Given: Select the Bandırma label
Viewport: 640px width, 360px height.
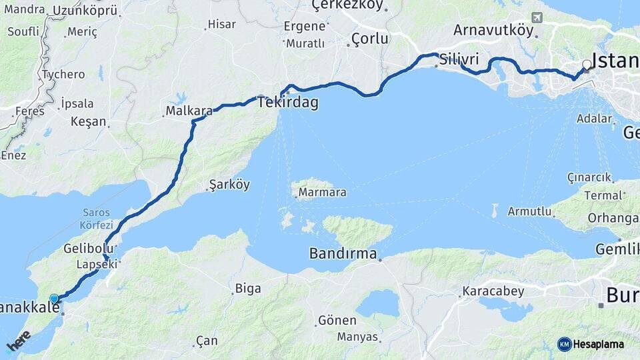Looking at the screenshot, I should coord(343,253).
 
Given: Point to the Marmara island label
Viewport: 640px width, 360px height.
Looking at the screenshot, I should coord(323,193).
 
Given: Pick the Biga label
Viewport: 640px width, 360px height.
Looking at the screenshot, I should coord(247,289).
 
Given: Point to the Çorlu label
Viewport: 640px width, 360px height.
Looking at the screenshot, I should coord(369,39).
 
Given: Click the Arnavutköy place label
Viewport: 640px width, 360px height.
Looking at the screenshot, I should coord(493,30).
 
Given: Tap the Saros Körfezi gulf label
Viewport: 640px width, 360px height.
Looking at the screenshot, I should coord(97,219).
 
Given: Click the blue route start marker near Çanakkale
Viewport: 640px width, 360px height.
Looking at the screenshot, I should coord(54,299).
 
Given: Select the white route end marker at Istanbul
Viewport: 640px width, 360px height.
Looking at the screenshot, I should coord(586,65).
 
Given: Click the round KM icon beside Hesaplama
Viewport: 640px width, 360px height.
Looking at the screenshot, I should coord(564,344).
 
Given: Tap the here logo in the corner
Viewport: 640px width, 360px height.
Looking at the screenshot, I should coord(18,341).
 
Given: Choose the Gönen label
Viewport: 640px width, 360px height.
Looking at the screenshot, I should coord(337,321).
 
